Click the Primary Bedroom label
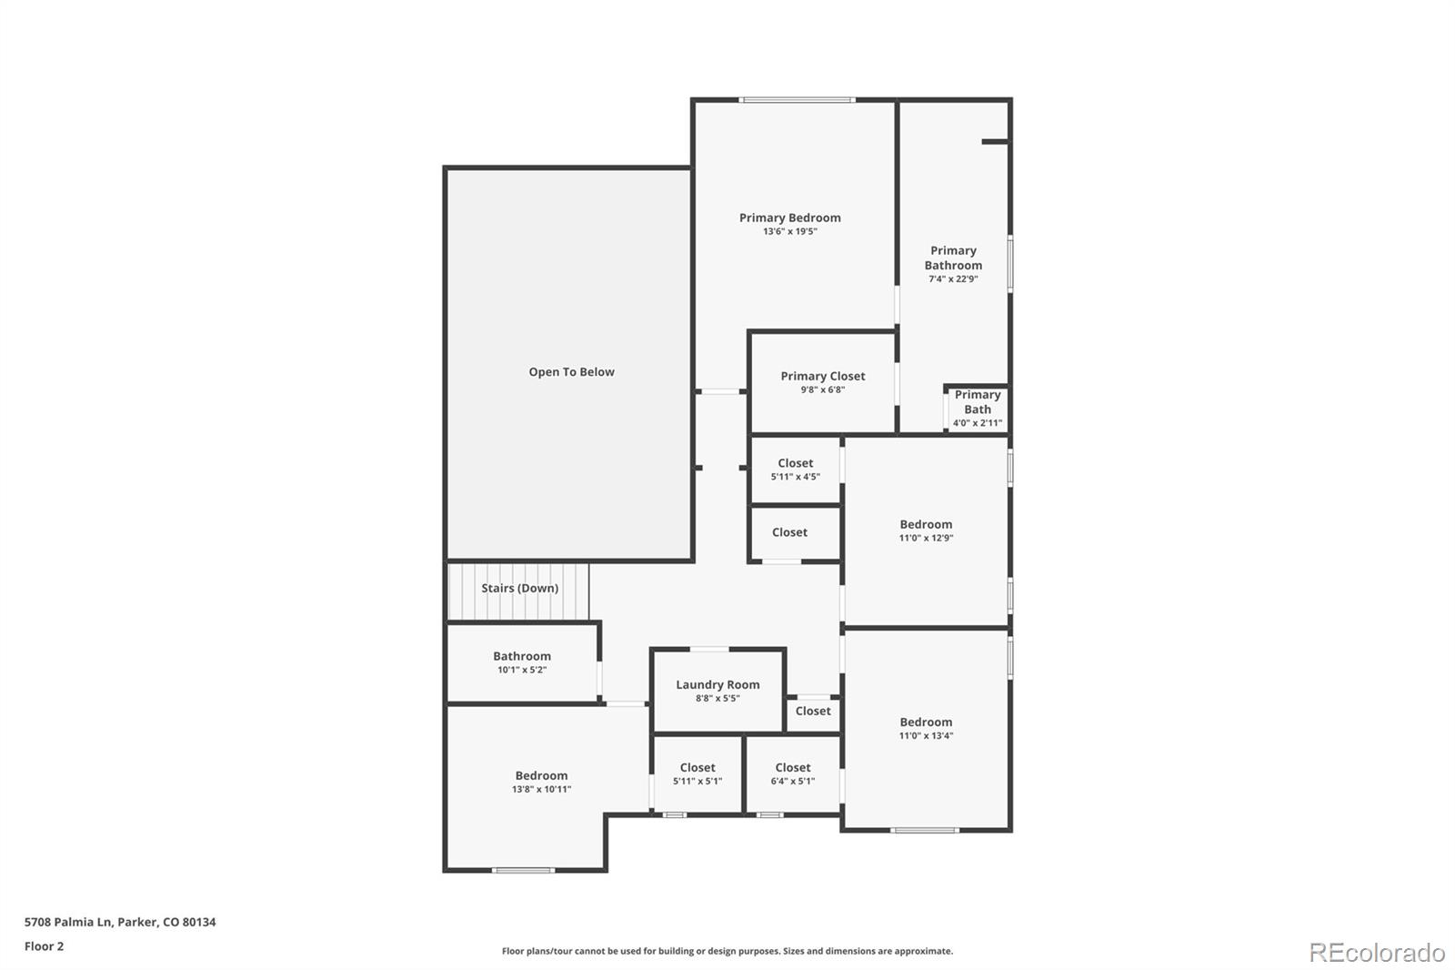(789, 217)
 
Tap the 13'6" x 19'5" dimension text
(789, 232)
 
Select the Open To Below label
(571, 372)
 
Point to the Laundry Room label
(717, 685)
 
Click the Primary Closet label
(822, 376)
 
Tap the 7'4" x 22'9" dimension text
(953, 279)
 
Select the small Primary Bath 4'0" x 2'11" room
(978, 409)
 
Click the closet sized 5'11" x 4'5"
(795, 470)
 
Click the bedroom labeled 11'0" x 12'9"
(926, 530)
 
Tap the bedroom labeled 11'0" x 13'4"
(926, 728)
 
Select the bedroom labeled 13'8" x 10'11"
(541, 782)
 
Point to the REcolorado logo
(1376, 952)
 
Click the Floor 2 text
(44, 946)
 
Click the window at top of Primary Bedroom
(797, 100)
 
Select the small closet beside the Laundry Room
(812, 712)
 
